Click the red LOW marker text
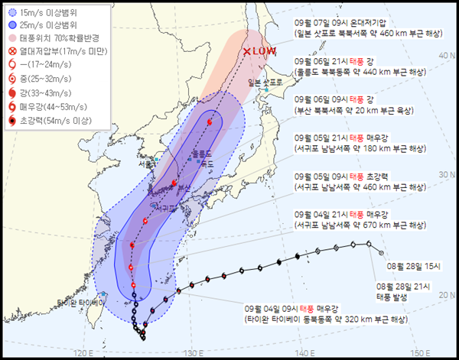260,51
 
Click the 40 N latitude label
444,54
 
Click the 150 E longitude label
418,352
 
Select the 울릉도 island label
201,153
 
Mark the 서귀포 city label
164,207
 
